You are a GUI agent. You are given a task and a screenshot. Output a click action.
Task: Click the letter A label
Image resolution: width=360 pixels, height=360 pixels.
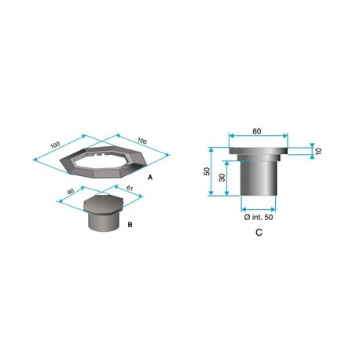click(x=150, y=178)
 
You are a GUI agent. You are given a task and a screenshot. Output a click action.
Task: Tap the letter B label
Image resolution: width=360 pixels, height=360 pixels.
click(x=130, y=225)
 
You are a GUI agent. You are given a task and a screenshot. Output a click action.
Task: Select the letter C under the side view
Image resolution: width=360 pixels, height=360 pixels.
click(x=259, y=233)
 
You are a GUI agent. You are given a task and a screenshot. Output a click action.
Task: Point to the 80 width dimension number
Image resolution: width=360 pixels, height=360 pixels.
click(x=257, y=131)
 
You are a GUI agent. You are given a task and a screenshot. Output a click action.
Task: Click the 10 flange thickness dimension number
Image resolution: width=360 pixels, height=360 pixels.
click(x=318, y=151)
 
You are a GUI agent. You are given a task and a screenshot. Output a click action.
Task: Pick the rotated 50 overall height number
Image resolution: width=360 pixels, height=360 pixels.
click(x=207, y=171)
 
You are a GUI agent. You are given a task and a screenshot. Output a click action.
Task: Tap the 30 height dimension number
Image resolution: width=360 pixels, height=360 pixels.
click(x=222, y=178)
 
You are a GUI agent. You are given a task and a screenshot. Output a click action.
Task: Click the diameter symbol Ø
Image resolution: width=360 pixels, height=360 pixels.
click(x=247, y=217)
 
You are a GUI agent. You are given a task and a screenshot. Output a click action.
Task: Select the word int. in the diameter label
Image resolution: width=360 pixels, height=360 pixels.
click(x=257, y=217)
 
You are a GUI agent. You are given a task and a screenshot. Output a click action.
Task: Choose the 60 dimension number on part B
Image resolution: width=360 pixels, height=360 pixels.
click(x=71, y=191)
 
